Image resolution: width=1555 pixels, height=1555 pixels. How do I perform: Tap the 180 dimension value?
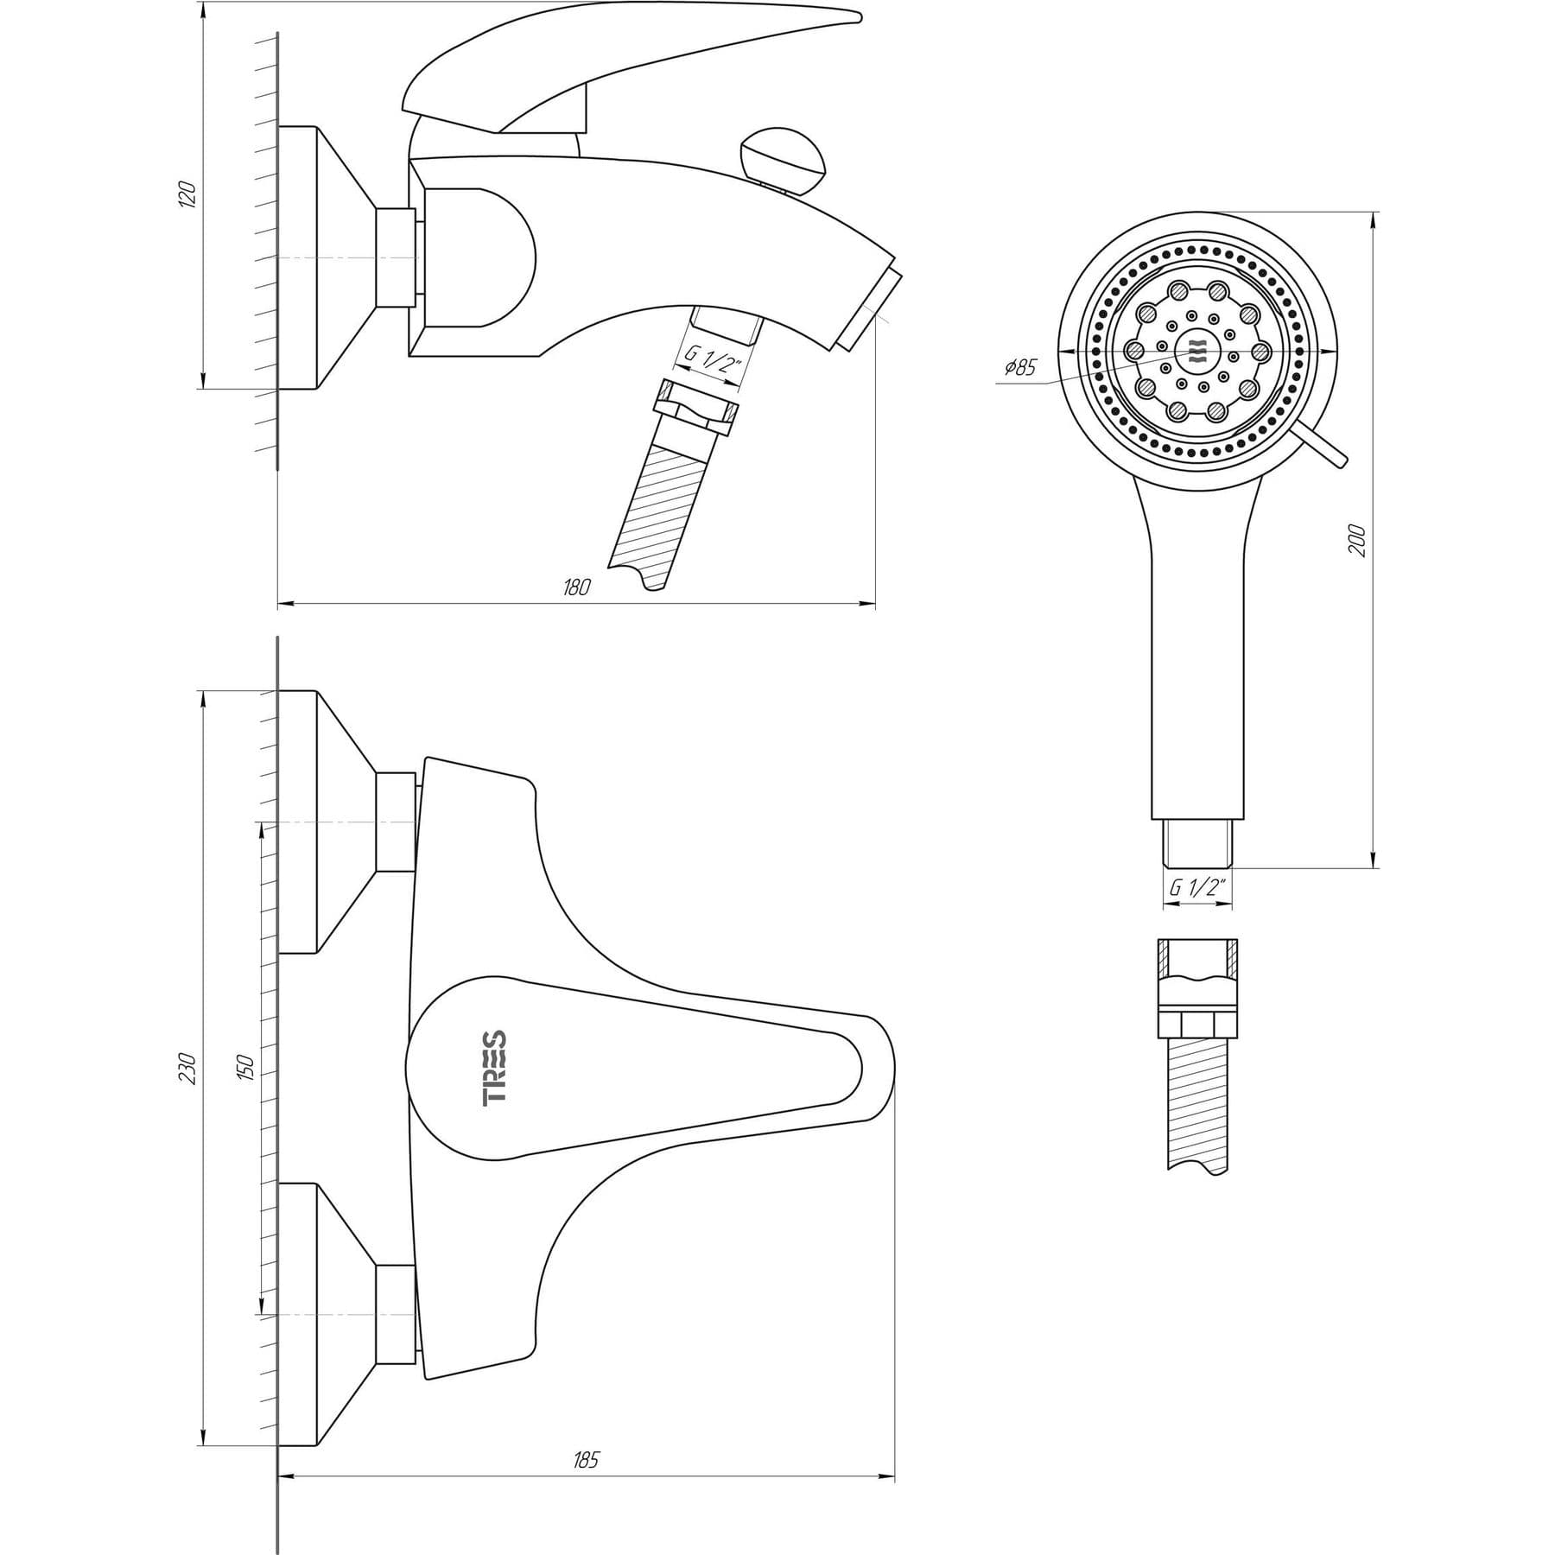[x=576, y=587]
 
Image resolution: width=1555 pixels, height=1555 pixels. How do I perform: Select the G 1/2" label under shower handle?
[x=1197, y=887]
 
